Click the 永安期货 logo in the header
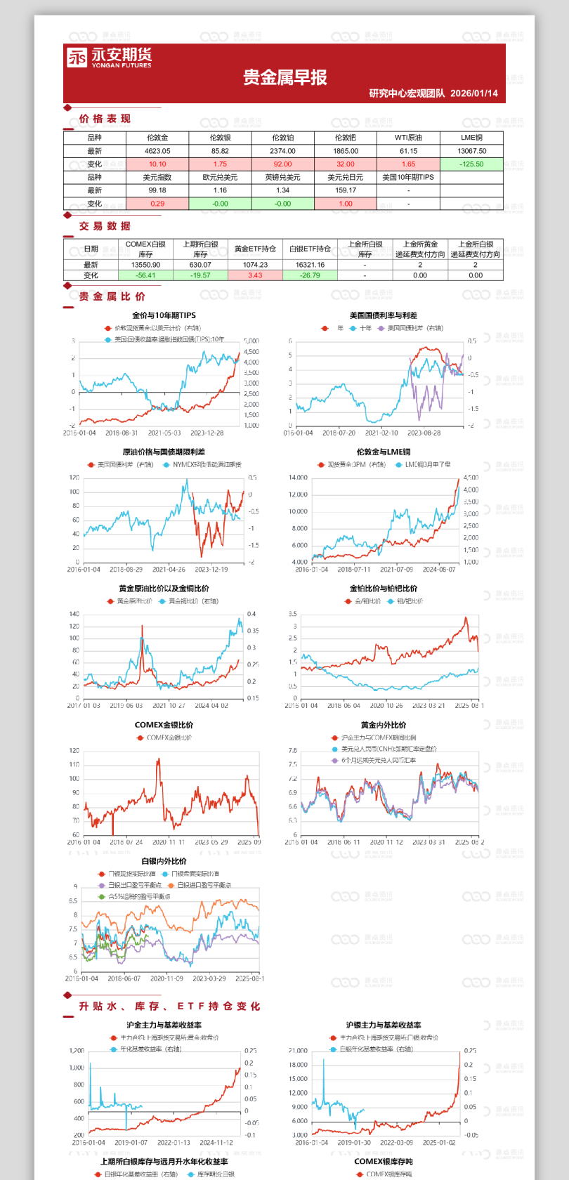109,58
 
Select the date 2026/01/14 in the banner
474,93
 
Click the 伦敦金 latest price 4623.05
157,151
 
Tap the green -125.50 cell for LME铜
471,164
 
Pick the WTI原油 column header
408,138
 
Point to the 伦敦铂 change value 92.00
282,164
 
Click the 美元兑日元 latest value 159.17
346,190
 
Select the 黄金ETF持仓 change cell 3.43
255,275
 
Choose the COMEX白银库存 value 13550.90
145,265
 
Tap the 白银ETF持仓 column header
310,249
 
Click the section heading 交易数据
105,226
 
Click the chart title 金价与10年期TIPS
164,315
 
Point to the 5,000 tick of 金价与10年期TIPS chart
251,341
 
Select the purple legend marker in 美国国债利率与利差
381,328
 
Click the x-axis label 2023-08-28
424,433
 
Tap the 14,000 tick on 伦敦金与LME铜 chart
298,478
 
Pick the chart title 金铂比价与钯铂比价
383,589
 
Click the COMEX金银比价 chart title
164,725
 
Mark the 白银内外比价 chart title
164,861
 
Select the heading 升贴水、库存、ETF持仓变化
169,1007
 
